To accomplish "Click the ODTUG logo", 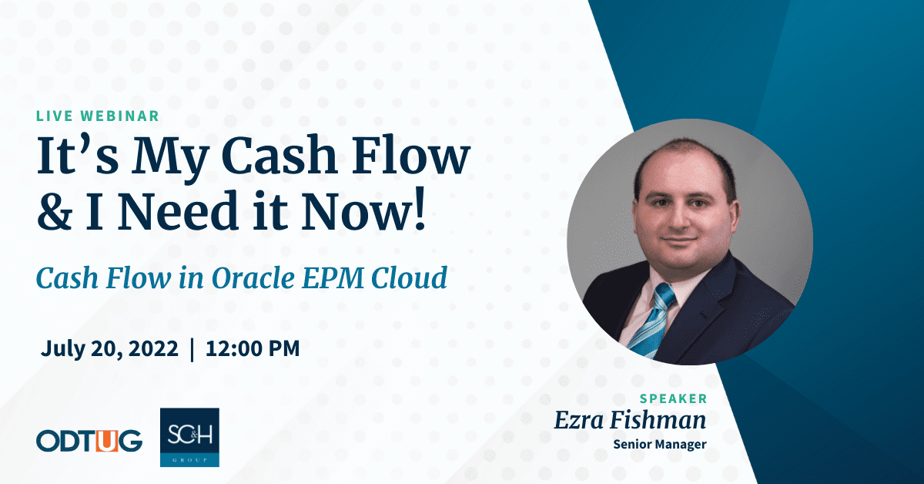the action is tap(89, 441).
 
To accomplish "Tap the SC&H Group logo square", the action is tap(189, 437).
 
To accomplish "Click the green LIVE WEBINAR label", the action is tap(98, 116).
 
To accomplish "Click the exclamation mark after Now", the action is tap(420, 209).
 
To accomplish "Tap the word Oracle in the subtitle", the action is tap(253, 277).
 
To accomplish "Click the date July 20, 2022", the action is tap(109, 349).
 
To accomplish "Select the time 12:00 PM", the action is tap(253, 348).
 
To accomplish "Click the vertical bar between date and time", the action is tap(192, 350).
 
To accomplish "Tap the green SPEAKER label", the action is tap(673, 398).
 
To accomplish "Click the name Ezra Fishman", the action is tap(630, 420).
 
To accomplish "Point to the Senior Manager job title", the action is tap(660, 445).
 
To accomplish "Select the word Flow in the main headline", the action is tap(410, 156).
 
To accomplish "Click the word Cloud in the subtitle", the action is tap(409, 277).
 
